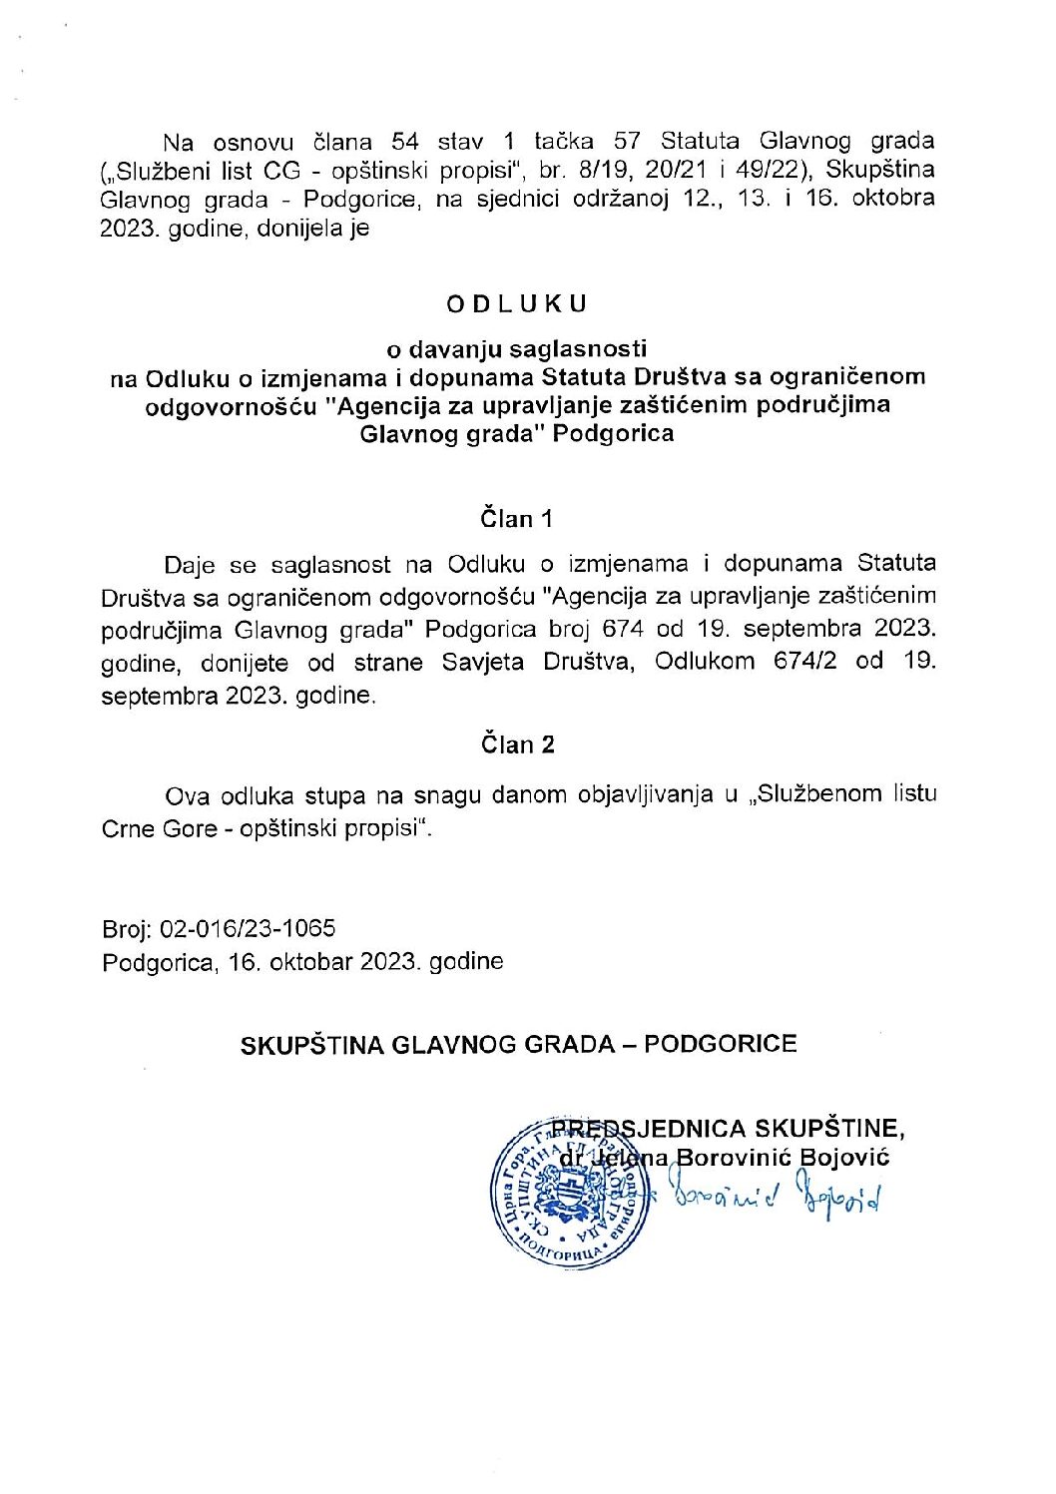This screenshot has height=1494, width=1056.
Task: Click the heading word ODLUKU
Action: pos(517,304)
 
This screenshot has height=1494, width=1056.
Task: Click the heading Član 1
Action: pos(516,519)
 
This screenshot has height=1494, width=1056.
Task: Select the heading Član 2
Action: pos(517,745)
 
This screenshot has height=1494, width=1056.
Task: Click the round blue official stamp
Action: pos(567,1193)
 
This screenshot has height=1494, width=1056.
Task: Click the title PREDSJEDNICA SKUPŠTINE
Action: pos(728,1129)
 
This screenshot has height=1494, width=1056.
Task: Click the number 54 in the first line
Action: pos(405,141)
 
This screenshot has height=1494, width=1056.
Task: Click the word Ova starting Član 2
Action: pos(188,795)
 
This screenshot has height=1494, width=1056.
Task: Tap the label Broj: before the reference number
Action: pos(127,929)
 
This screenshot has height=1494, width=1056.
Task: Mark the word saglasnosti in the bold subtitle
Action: pos(578,349)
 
